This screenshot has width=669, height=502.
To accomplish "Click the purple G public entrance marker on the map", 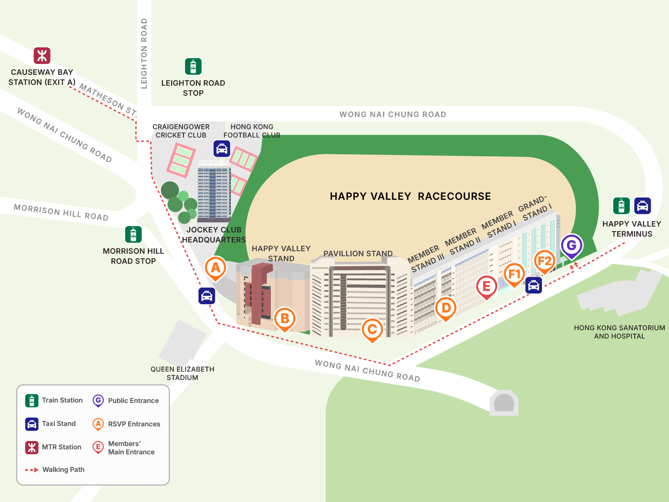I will pos(571,245).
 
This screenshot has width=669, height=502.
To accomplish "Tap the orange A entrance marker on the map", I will pos(216,268).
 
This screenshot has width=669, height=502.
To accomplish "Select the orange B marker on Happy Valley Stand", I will pos(285,319).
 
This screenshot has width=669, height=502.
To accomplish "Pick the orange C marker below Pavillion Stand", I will pos(372,329).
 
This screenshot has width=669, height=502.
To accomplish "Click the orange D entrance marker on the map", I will pos(446,308).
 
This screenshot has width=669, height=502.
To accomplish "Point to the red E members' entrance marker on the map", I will pos(486,286).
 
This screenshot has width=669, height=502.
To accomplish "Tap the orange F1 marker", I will pos(514,274).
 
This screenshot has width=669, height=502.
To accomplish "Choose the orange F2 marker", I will pos(544,261).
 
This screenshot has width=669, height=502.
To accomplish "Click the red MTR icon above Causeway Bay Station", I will pos(42,56).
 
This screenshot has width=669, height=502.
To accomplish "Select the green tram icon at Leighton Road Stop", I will pos(193,66).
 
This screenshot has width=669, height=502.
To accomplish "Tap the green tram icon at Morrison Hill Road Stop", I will pos(133,234).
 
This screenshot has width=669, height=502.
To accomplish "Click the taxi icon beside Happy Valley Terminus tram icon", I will pos(642,206).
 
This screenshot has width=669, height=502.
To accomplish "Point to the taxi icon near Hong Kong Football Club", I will pos(221,148).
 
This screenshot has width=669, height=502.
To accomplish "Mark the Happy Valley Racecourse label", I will pos(410,196).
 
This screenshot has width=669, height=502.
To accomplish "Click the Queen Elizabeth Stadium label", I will pos(182,373).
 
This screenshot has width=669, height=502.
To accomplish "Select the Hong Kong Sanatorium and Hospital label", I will pos(619,332).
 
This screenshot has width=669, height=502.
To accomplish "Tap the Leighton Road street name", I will pos(144,54).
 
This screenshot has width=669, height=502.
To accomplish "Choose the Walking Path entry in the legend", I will pos(63,470).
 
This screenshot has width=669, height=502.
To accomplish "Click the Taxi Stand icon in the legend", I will pos(32,424).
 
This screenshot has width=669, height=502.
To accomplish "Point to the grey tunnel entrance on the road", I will pos(504,403).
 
